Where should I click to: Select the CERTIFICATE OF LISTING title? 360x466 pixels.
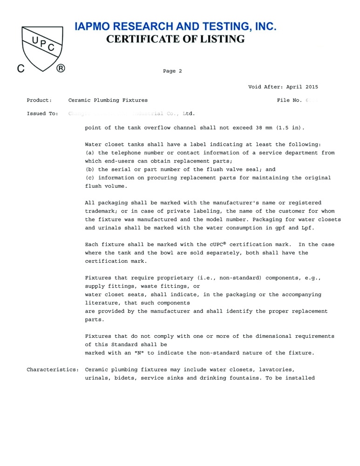click(x=176, y=39)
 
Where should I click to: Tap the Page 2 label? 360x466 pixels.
click(x=172, y=71)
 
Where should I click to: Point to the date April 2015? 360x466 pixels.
click(x=302, y=87)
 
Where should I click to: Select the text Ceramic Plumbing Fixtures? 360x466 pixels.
click(x=108, y=100)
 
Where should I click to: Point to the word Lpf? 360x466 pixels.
click(x=308, y=228)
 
